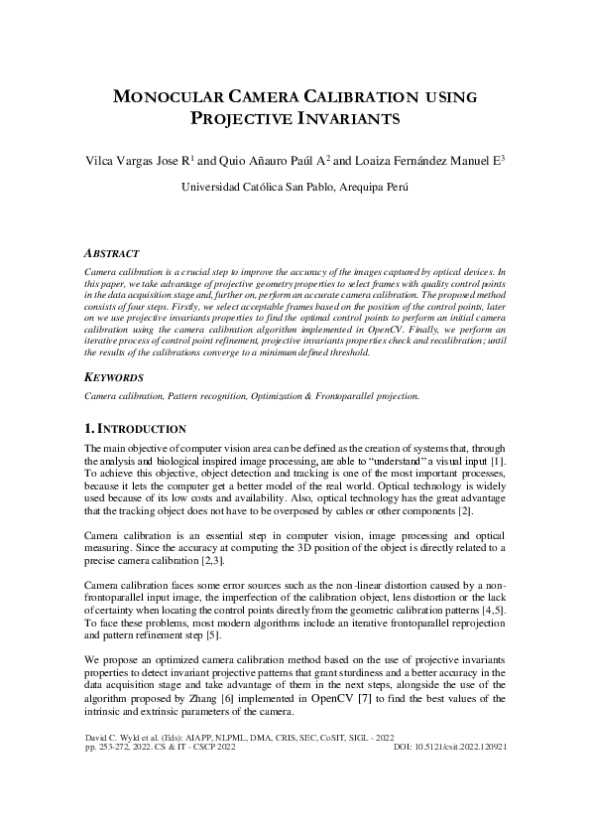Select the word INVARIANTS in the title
tap(343, 119)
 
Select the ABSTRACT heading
tap(112, 254)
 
